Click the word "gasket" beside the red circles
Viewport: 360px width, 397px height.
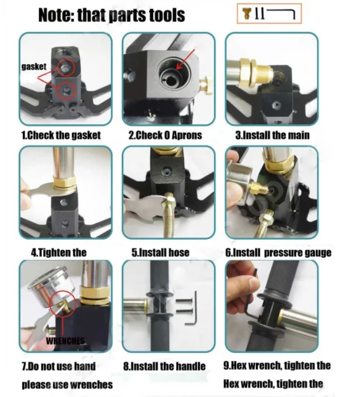point(34,67)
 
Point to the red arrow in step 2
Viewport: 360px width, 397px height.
point(186,59)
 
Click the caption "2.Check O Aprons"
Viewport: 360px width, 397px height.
point(166,135)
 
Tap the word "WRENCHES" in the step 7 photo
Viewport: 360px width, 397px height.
point(65,341)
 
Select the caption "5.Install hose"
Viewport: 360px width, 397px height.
point(160,252)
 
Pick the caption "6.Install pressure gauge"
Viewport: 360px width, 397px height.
point(278,252)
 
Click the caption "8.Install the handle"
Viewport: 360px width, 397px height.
point(164,366)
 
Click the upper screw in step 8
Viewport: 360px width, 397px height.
point(184,301)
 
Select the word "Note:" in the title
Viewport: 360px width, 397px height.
point(56,15)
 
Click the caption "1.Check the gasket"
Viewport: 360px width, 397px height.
point(61,135)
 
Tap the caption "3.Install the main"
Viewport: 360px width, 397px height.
point(272,135)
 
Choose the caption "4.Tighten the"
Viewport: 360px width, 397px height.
point(59,252)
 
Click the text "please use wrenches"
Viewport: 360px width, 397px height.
point(67,385)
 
